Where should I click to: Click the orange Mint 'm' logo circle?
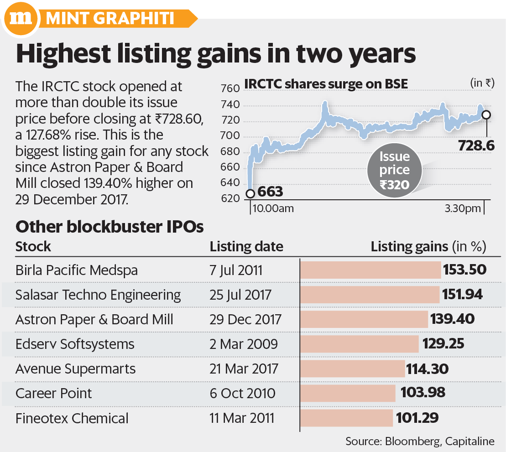[21, 18]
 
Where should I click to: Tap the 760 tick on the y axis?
[230, 88]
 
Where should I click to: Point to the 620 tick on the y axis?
[230, 198]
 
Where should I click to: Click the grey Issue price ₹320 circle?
[394, 170]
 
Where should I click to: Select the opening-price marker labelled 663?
[250, 193]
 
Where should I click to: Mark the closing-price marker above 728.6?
[486, 114]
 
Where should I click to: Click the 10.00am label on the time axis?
[273, 208]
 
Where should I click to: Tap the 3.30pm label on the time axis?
[463, 208]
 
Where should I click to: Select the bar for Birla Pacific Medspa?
[370, 270]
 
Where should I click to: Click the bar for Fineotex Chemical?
[347, 418]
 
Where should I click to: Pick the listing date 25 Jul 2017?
[240, 295]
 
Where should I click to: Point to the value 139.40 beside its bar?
[452, 319]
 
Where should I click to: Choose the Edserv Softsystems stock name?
[75, 344]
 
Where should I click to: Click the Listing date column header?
[246, 247]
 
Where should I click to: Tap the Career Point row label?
[53, 393]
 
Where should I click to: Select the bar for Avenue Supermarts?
[352, 369]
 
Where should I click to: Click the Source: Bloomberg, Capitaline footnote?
[420, 441]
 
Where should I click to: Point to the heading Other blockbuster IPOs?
[110, 227]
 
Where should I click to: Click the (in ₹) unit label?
[482, 83]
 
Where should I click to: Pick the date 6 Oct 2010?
[242, 393]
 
